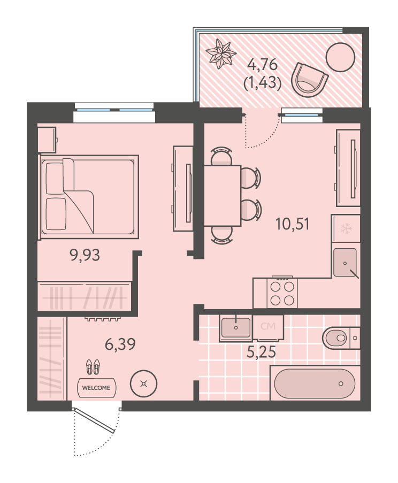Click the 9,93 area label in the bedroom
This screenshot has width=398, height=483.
pyautogui.click(x=85, y=255)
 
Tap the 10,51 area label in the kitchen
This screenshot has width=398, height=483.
pyautogui.click(x=292, y=224)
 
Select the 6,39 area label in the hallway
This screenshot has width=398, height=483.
pyautogui.click(x=120, y=344)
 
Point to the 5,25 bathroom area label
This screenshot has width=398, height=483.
pyautogui.click(x=261, y=352)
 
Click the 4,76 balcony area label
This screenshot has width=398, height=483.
pyautogui.click(x=263, y=65)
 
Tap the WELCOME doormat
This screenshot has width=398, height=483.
pyautogui.click(x=96, y=388)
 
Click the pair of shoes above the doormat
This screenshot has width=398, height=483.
pyautogui.click(x=93, y=366)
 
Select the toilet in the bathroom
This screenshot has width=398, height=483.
pyautogui.click(x=341, y=338)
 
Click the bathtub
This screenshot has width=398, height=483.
pyautogui.click(x=315, y=383)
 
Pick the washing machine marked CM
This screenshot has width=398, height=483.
pyautogui.click(x=267, y=328)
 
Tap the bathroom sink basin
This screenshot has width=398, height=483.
pyautogui.click(x=236, y=328)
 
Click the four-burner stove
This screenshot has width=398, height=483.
pyautogui.click(x=282, y=292)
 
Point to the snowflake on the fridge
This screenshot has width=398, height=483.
pyautogui.click(x=346, y=228)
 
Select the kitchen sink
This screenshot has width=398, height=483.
pyautogui.click(x=346, y=263)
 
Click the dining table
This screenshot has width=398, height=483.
pyautogui.click(x=223, y=195)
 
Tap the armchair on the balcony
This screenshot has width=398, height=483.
pyautogui.click(x=310, y=80)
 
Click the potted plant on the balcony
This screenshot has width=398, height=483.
pyautogui.click(x=220, y=53)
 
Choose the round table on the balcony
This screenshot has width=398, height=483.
pyautogui.click(x=340, y=57)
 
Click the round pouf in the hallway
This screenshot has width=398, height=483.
pyautogui.click(x=143, y=384)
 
